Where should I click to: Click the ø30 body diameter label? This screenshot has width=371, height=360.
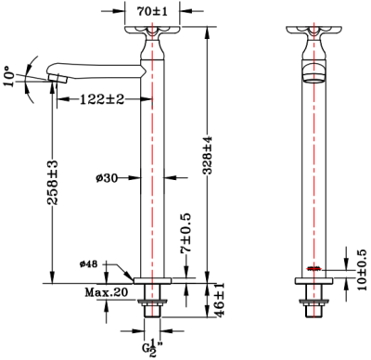pos(108,177)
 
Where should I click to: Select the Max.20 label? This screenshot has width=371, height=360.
pos(107,293)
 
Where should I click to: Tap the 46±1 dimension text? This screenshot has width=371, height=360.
pos(219,304)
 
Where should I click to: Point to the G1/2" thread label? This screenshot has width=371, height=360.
pos(152,348)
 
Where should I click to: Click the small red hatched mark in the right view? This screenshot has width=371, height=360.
pos(315,270)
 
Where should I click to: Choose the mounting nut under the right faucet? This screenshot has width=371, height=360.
pos(315,302)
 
